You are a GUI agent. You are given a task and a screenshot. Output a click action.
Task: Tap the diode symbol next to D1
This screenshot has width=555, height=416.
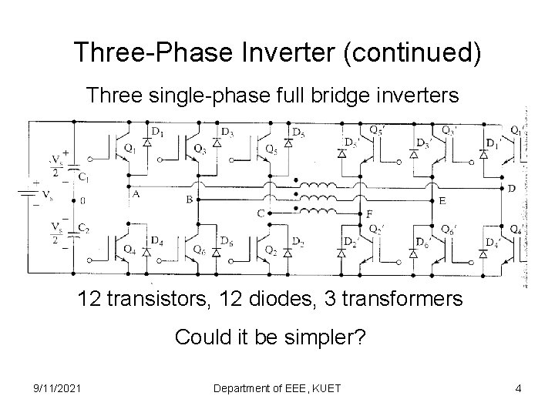147,144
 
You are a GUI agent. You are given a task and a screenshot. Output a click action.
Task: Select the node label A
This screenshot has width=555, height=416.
136,194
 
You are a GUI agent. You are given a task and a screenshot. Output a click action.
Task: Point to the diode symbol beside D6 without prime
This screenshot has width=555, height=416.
217,251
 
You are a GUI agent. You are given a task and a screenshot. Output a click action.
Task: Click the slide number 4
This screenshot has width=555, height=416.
519,389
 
